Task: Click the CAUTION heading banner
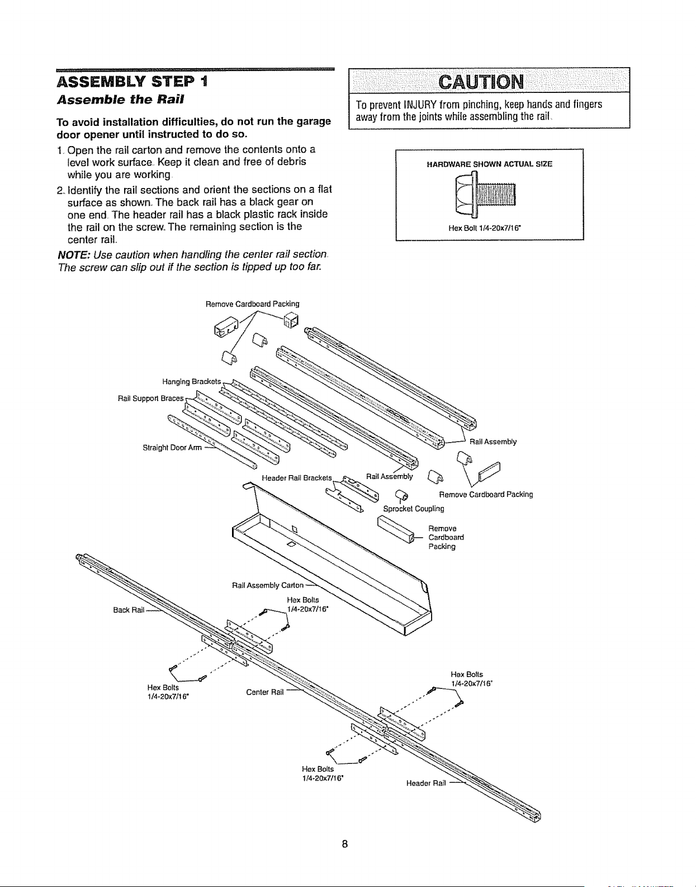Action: (x=489, y=82)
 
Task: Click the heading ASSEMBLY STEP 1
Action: (x=132, y=82)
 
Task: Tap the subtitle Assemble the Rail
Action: (x=120, y=100)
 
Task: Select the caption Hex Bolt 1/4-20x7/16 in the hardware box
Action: (x=485, y=228)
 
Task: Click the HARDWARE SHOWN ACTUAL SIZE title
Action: (x=489, y=165)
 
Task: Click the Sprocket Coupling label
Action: (x=414, y=509)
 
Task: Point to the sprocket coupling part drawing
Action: (x=401, y=495)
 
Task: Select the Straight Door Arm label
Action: (x=172, y=448)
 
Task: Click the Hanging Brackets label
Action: (x=191, y=382)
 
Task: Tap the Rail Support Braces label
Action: (x=150, y=398)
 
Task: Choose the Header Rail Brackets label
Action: (x=297, y=477)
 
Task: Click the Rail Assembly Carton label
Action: (x=267, y=585)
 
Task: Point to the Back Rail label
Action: (x=129, y=610)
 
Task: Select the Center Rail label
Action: (x=264, y=692)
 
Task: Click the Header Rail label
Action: (x=426, y=783)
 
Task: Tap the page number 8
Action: (x=344, y=844)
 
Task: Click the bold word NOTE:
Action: (x=74, y=255)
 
